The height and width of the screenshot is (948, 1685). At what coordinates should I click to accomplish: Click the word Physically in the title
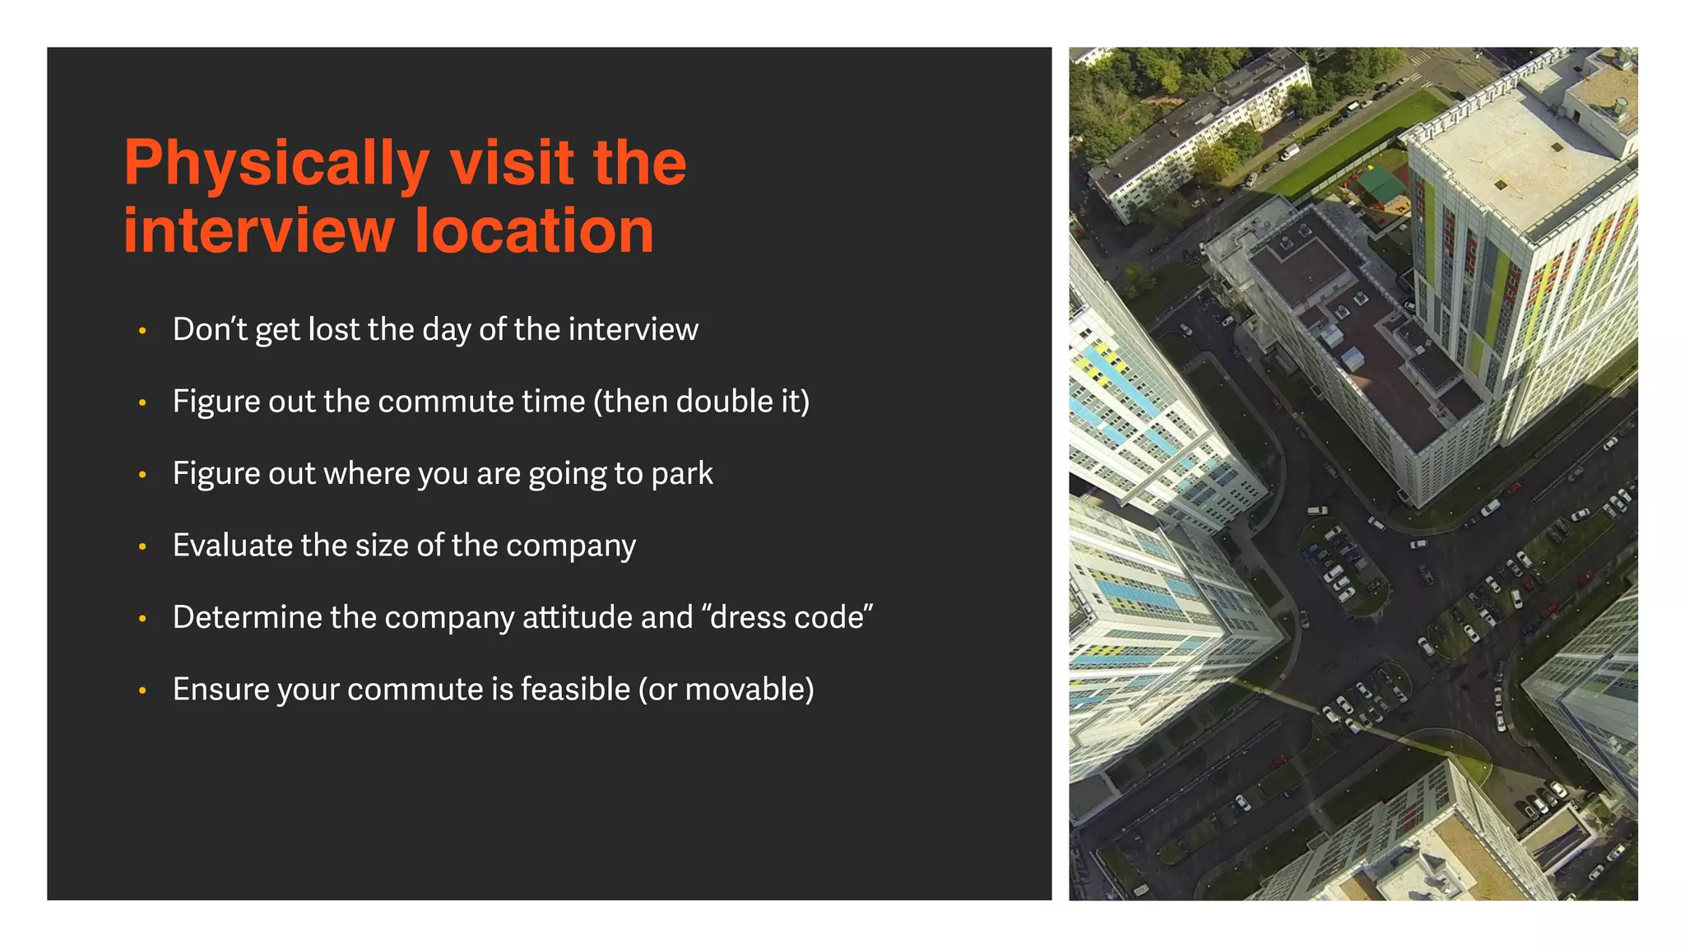click(276, 164)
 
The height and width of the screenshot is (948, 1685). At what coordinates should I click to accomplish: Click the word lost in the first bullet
click(334, 329)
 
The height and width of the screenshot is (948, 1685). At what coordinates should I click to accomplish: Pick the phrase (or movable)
click(726, 689)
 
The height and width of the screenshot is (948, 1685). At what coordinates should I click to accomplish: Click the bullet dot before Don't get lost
click(142, 331)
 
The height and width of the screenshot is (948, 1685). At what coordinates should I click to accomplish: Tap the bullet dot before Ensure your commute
click(142, 690)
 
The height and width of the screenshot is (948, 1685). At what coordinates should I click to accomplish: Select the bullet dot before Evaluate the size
click(142, 546)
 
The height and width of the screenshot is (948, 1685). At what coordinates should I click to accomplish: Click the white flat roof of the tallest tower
click(1522, 156)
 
